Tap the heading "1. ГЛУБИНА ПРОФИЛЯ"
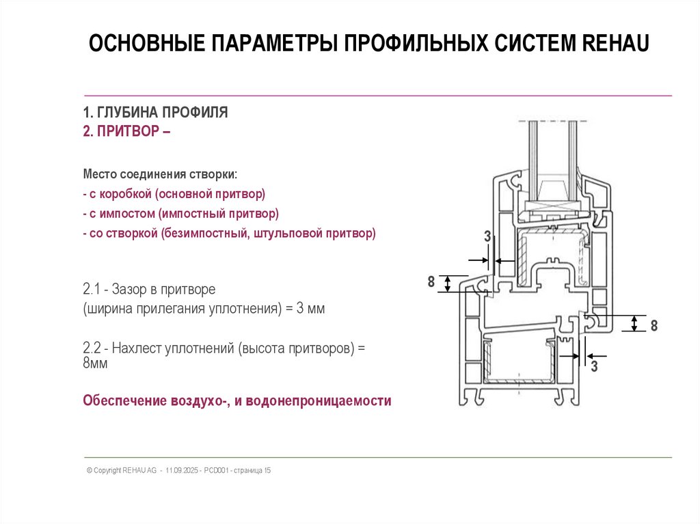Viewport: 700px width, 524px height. (155, 113)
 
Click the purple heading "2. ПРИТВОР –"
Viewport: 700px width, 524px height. (126, 131)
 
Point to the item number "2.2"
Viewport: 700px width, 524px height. (92, 348)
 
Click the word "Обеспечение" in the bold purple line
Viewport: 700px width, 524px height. (122, 400)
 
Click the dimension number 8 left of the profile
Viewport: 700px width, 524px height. (431, 282)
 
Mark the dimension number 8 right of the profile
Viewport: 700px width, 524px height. (654, 326)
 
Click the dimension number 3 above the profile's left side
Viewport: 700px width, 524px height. (487, 237)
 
